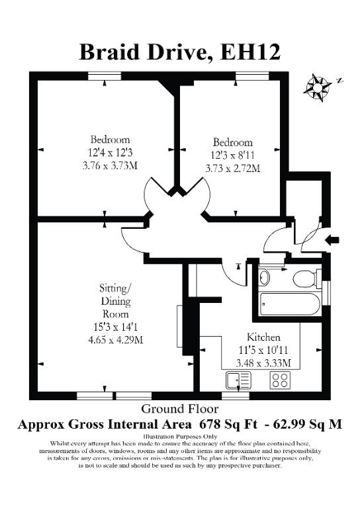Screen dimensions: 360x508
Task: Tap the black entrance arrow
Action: click(332, 240)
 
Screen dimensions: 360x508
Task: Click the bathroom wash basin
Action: click(265, 277)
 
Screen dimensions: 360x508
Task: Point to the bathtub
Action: click(290, 304)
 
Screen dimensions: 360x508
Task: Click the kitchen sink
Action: click(239, 380)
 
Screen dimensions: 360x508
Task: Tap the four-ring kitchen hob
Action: click(281, 380)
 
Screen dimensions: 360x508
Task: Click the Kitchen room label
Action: click(263, 337)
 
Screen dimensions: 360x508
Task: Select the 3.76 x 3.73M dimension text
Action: click(110, 166)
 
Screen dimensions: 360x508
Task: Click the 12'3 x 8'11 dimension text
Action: click(233, 155)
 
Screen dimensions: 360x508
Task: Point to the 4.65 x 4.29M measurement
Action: click(116, 340)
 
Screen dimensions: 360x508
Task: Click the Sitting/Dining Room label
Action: click(116, 301)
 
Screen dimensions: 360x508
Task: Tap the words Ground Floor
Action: click(180, 409)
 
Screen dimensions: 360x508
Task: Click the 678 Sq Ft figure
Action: click(228, 424)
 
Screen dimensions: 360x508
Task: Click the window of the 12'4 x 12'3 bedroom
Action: click(105, 76)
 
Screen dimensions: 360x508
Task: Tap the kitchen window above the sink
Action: click(236, 396)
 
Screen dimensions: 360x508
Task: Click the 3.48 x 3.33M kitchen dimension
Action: click(263, 363)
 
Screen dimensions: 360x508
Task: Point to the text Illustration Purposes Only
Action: click(180, 437)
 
